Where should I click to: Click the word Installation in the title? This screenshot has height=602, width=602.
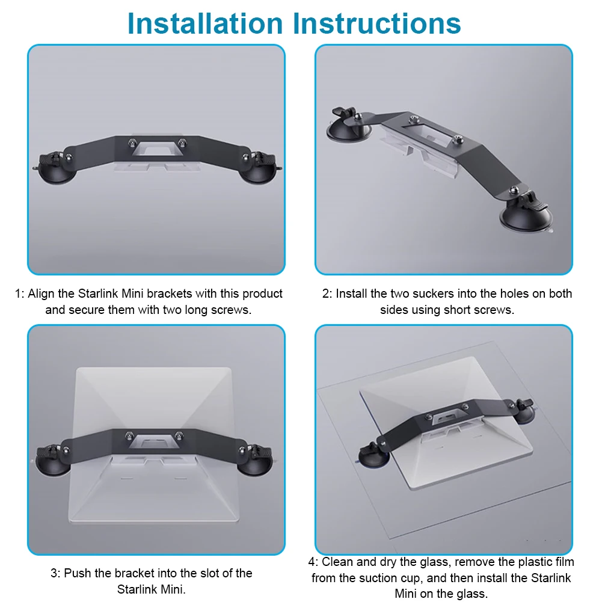tap(204, 23)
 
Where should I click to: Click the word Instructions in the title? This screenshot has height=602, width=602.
tap(376, 23)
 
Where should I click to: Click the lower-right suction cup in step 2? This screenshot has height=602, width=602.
tap(528, 213)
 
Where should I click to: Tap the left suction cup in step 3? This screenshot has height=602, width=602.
tap(54, 460)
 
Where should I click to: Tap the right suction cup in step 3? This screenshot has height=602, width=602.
tap(256, 460)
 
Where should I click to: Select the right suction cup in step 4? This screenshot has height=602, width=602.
tap(524, 411)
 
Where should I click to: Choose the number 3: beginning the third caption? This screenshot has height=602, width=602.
tap(56, 573)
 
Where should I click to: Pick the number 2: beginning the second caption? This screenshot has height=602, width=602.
tap(327, 293)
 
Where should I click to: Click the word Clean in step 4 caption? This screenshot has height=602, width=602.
tap(337, 562)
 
